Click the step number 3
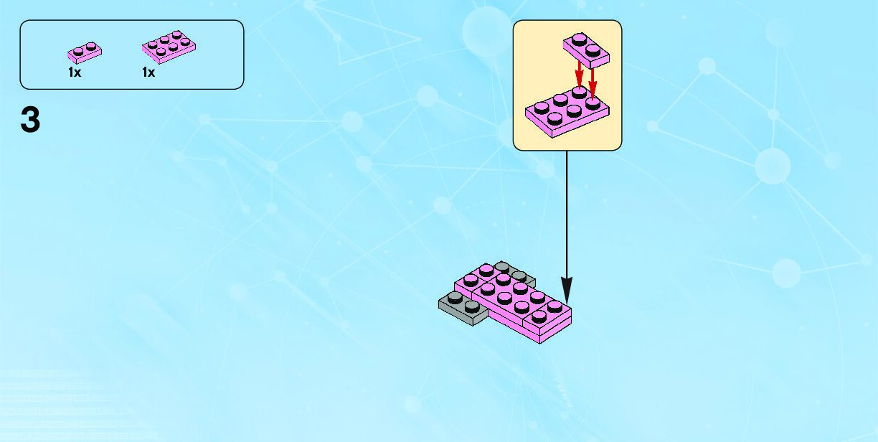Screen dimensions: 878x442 [30, 120]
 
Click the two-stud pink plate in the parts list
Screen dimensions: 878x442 [85, 52]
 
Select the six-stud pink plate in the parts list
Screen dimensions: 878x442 [169, 47]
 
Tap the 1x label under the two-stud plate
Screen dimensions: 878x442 [75, 72]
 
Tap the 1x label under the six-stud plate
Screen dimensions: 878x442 [148, 72]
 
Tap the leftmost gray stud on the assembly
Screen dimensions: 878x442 [454, 296]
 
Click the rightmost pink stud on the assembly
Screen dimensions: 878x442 [554, 305]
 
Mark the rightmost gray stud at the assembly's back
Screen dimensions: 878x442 [519, 276]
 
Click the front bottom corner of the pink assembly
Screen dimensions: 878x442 [541, 340]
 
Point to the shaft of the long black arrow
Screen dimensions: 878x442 [567, 215]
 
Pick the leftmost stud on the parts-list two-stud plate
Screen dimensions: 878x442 [77, 51]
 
